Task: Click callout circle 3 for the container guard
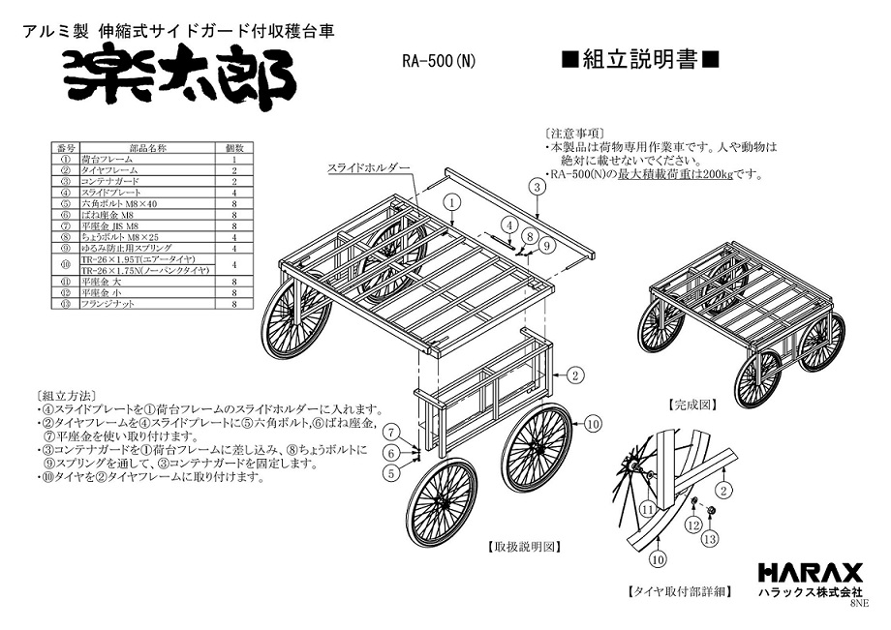click(x=535, y=186)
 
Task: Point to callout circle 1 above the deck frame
click(x=451, y=202)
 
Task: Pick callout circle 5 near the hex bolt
click(x=391, y=473)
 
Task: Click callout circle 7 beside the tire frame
click(x=391, y=432)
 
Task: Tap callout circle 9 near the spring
click(x=547, y=246)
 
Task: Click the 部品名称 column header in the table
click(x=150, y=148)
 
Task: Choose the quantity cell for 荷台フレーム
click(x=233, y=159)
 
